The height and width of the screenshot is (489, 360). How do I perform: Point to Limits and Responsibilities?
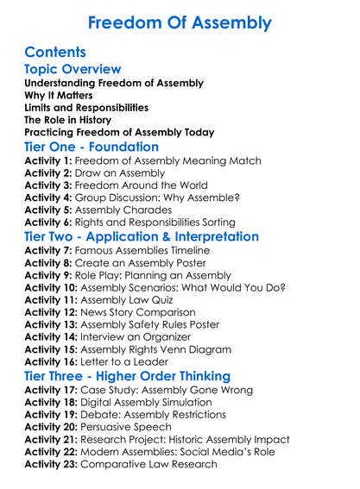coord(86,108)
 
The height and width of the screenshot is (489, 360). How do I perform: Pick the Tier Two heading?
coord(142,236)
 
